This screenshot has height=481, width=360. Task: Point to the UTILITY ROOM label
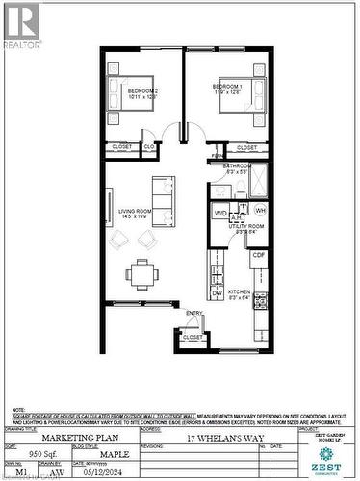point(237,228)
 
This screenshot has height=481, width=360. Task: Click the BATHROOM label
point(237,166)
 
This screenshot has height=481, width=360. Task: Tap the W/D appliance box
point(220,212)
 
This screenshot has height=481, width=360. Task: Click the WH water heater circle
point(261,211)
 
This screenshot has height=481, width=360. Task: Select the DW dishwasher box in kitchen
point(217,293)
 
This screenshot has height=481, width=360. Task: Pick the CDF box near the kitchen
point(259,256)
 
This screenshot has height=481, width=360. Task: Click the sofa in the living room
point(161,200)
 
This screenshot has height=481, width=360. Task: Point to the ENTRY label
point(194,313)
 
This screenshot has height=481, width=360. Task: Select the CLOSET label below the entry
point(193,338)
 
